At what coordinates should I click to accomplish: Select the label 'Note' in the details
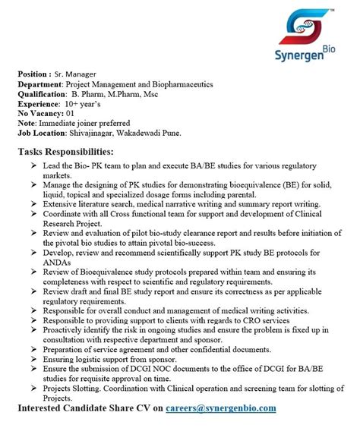coord(28,122)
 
